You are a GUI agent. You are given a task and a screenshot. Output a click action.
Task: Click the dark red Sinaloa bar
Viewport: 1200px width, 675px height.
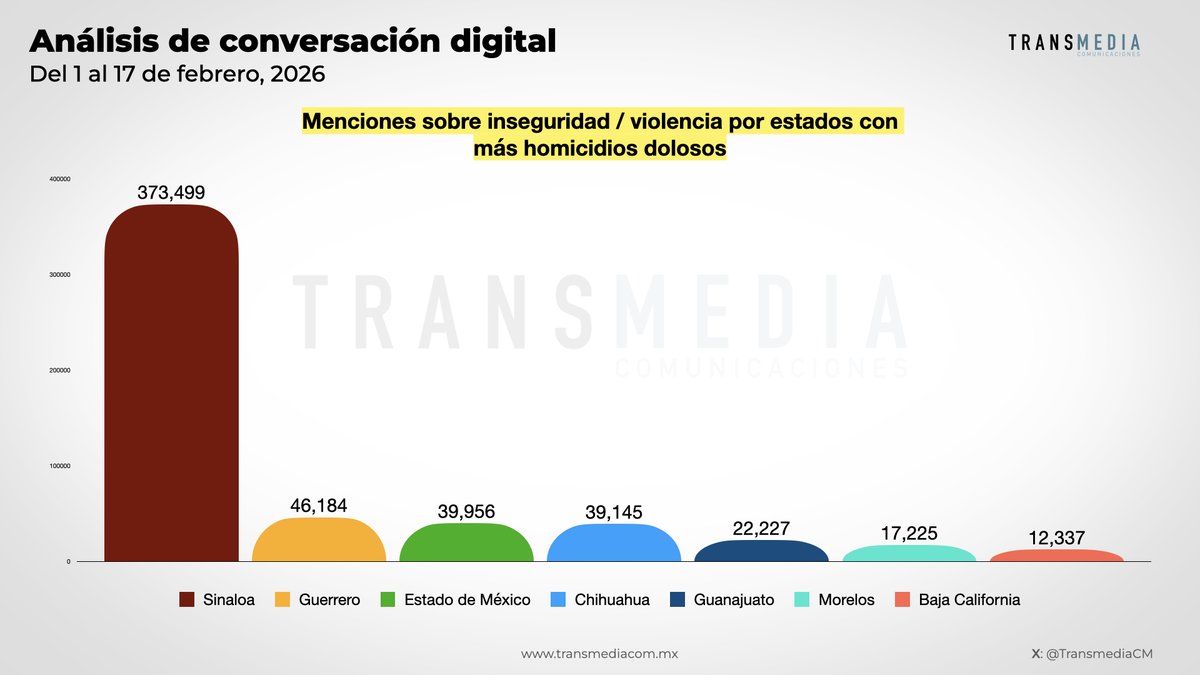pos(171,385)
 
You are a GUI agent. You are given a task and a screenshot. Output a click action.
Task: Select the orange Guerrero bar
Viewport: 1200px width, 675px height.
pos(319,541)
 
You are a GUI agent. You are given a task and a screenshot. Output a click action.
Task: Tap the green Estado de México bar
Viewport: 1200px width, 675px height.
pos(466,543)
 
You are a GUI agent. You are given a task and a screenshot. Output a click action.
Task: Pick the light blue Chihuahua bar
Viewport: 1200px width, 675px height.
pos(614,544)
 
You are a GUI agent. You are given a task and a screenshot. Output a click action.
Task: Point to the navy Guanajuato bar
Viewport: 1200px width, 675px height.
pos(761,551)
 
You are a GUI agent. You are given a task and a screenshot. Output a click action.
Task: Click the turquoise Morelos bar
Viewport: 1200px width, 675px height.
pos(909,553)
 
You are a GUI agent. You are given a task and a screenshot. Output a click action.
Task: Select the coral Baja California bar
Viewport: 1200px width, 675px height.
pos(1056,555)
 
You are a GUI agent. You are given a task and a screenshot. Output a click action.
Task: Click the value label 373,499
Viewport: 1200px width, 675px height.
pos(171,193)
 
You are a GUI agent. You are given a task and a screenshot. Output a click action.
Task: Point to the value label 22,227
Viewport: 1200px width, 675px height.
pos(761,529)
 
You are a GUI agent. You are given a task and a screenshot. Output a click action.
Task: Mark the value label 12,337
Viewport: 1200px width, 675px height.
pos(1056,538)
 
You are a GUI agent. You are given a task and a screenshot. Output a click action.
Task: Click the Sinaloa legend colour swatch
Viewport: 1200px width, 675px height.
pos(187,600)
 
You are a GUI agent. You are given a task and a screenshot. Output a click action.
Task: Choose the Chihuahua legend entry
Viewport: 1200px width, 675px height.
pos(611,600)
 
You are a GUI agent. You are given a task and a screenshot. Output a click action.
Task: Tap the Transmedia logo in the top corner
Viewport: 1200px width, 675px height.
pos(1073,44)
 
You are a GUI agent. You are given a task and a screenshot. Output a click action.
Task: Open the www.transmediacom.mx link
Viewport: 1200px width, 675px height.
pos(600,653)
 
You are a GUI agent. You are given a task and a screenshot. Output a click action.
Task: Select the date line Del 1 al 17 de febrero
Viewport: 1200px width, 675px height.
pos(178,75)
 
